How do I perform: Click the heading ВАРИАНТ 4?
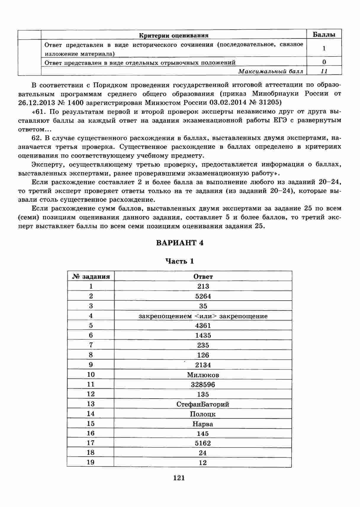click(179, 243)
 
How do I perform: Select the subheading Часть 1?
click(179, 261)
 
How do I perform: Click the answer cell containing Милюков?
click(203, 375)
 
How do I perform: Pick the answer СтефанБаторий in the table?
click(203, 404)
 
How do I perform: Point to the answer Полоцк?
click(203, 414)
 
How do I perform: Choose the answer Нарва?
click(203, 424)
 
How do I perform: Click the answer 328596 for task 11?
click(203, 385)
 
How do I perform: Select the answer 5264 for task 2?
click(203, 296)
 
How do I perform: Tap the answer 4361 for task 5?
click(203, 325)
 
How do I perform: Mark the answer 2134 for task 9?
click(203, 365)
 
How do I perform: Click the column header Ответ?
click(203, 277)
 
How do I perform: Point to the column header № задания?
click(91, 277)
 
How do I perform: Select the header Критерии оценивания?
click(174, 36)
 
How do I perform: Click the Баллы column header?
click(324, 35)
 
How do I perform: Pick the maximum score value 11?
click(324, 71)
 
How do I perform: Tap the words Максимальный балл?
click(271, 71)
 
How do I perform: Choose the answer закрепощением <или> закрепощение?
click(203, 316)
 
